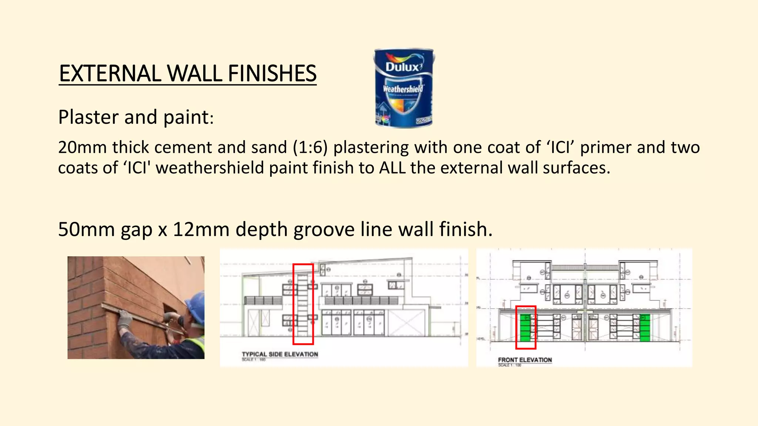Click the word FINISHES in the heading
[x=272, y=73]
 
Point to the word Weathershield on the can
[x=403, y=89]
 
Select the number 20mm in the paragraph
[x=82, y=147]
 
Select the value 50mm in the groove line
[x=86, y=229]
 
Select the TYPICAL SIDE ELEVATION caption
[x=280, y=354]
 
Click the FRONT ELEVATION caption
[x=524, y=360]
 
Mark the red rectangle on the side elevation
[x=303, y=304]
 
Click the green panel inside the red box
[x=525, y=328]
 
